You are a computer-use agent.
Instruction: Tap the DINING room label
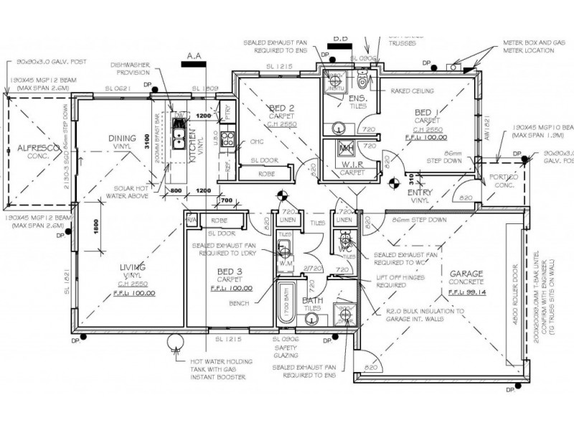coord(121,139)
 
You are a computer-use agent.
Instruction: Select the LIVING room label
coord(133,267)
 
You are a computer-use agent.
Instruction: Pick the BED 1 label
coord(427,113)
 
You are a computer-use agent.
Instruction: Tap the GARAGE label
coord(466,274)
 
